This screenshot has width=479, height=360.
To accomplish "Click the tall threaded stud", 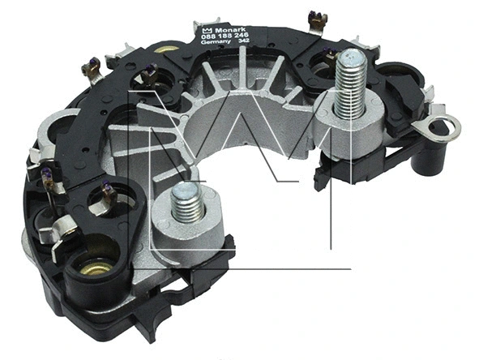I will coord(350,81).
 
